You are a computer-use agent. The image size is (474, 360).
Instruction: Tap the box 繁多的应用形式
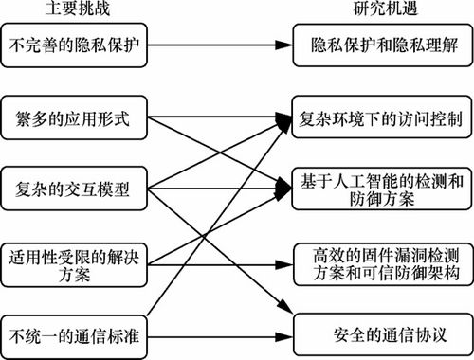tap(75, 121)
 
